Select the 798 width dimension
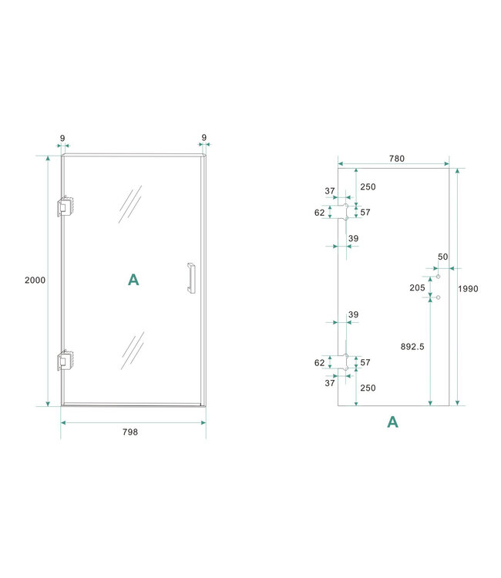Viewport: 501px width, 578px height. click(x=130, y=432)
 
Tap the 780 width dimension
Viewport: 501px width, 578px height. click(x=396, y=158)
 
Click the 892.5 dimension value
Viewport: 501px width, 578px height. click(x=412, y=347)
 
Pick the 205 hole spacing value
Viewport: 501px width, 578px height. click(x=417, y=287)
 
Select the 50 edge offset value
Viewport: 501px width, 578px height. click(x=442, y=257)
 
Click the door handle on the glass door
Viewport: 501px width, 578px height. click(x=190, y=278)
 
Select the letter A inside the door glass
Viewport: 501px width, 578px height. click(x=133, y=280)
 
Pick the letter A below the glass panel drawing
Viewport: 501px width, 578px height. click(x=392, y=422)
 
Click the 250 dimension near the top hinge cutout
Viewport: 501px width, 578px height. click(x=368, y=187)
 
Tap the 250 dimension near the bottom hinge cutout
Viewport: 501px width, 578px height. click(x=368, y=388)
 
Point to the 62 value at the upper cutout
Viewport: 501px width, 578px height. click(x=320, y=212)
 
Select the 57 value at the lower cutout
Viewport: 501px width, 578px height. click(x=366, y=362)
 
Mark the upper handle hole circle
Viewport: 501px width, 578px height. click(x=438, y=276)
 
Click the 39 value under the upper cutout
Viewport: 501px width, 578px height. click(x=353, y=239)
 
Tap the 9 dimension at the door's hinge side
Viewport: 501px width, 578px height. click(x=62, y=139)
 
